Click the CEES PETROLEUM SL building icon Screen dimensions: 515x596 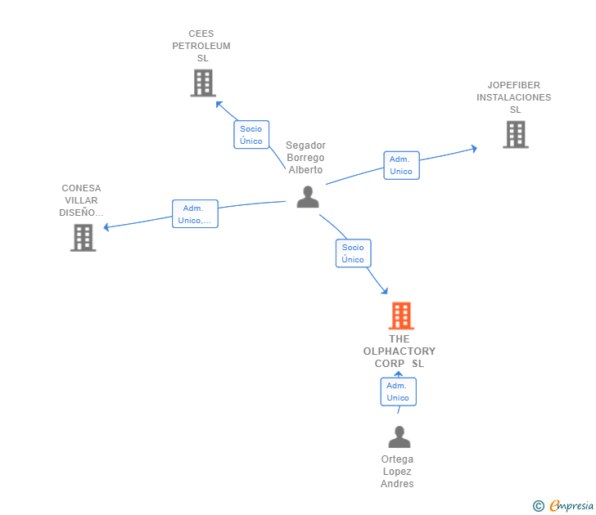pos(202,83)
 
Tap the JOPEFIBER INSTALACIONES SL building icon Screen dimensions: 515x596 pos(515,134)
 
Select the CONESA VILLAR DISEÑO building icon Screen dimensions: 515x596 pos(83,237)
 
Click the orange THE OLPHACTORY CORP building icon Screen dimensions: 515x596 pos(400,316)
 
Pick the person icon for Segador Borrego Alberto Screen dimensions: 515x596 pos(307,197)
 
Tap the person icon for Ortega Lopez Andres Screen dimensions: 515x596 pos(399,437)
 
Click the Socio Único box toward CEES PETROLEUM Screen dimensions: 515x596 pos(251,135)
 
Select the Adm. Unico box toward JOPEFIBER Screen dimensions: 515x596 pos(401,165)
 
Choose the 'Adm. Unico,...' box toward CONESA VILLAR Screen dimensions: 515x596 pos(195,214)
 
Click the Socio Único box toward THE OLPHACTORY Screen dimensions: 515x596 pos(353,253)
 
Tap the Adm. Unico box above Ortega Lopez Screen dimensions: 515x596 pos(398,392)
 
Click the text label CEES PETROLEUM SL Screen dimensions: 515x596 pos(201,46)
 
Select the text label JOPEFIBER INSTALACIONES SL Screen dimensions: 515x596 pos(514,97)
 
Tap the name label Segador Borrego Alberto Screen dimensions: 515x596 pos(305,158)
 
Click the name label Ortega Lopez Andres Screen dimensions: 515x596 pos(397,472)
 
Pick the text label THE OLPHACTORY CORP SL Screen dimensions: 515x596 pos(400,352)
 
